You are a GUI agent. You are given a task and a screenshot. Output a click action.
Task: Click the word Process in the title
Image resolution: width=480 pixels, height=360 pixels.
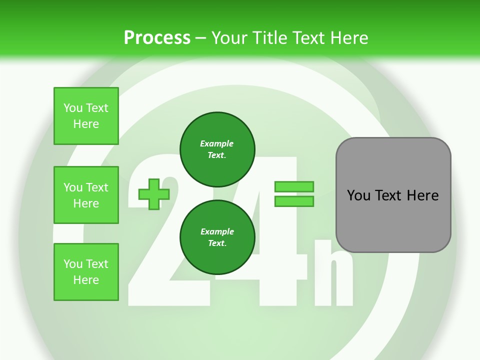click(157, 38)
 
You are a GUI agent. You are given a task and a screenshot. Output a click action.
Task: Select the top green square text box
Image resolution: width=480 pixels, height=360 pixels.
click(86, 116)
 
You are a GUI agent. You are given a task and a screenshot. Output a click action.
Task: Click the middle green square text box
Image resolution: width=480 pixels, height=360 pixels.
click(86, 195)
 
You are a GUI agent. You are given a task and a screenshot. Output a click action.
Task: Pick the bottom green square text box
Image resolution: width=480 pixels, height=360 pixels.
click(86, 272)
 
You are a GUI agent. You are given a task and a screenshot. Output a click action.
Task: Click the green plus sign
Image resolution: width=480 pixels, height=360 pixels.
click(153, 194)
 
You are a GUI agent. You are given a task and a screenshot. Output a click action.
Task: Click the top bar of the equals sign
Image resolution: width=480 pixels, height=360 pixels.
click(294, 186)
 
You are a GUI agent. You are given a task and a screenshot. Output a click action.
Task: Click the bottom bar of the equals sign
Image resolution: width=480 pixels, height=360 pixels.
click(294, 201)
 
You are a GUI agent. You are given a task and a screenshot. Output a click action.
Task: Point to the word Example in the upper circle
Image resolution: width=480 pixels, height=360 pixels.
click(216, 143)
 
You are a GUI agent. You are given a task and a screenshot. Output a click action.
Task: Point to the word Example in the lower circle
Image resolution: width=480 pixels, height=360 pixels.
click(217, 231)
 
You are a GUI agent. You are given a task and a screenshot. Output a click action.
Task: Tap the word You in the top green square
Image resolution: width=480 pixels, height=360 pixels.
click(73, 108)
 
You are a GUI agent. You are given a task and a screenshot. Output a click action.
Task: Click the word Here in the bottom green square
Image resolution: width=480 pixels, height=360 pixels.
click(86, 280)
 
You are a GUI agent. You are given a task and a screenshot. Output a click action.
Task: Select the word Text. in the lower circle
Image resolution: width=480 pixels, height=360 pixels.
click(217, 243)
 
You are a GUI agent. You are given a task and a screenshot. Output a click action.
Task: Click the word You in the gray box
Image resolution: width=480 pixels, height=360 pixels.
click(359, 195)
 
